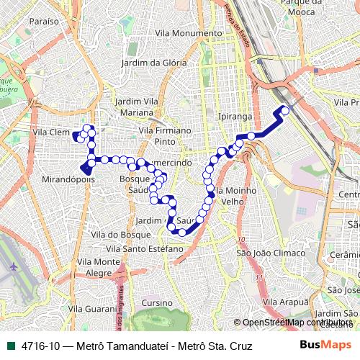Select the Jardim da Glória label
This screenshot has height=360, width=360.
point(154,63)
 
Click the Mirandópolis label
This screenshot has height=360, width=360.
point(69,179)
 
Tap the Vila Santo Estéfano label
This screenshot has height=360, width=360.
point(152,248)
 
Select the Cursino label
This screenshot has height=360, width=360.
point(157,302)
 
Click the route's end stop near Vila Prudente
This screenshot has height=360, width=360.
point(285,110)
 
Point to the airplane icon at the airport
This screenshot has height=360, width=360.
point(13,266)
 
